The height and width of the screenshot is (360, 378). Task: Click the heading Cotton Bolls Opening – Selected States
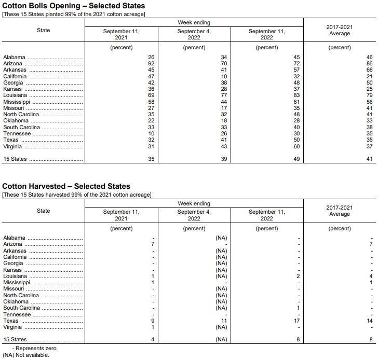point(74,6)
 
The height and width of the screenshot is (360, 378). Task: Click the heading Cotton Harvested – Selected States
point(66,186)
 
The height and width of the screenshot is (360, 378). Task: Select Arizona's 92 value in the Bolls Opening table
point(151,63)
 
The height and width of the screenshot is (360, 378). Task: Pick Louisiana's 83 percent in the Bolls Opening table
point(296,95)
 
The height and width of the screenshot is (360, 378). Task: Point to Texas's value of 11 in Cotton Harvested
point(224,321)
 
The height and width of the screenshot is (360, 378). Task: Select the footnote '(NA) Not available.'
point(25,355)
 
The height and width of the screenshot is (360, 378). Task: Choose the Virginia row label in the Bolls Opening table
point(12,146)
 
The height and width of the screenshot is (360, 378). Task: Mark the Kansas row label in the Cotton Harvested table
point(12,270)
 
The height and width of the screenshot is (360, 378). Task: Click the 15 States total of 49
point(296,159)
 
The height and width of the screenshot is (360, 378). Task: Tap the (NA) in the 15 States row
point(221,340)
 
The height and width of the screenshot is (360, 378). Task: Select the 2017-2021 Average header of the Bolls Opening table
point(340,30)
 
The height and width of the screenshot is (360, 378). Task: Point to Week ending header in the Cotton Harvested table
point(194,204)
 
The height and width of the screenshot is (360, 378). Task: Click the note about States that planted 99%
point(74,14)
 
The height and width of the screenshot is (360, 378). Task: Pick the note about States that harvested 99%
point(77,195)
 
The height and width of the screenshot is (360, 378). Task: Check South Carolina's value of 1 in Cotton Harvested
point(298,308)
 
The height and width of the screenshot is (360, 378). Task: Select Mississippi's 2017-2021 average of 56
point(369,102)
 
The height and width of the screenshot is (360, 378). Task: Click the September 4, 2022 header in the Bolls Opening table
point(194,34)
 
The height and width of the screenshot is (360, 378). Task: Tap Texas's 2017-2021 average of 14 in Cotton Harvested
point(369,321)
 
